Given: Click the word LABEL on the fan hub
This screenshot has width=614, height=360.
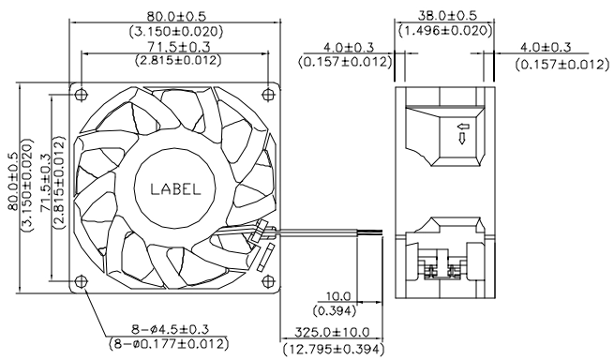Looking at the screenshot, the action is [x=175, y=189].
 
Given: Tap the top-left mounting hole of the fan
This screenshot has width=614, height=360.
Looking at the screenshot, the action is [x=81, y=94].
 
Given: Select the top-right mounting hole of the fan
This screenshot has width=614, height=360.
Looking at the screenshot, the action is [x=268, y=94].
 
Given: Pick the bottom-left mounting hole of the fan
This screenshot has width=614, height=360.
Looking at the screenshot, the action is [x=81, y=281].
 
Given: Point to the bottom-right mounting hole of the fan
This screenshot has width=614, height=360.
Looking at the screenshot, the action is [x=268, y=281].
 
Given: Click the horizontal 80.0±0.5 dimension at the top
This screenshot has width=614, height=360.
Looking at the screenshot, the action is [x=176, y=16].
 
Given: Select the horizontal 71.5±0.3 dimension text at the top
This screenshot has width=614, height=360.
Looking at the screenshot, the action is [x=179, y=47].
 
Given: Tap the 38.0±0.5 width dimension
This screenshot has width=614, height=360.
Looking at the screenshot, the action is [x=447, y=16].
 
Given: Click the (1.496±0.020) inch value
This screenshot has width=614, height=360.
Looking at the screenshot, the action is [x=445, y=30].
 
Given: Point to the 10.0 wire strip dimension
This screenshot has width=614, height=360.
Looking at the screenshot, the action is [x=338, y=296].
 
